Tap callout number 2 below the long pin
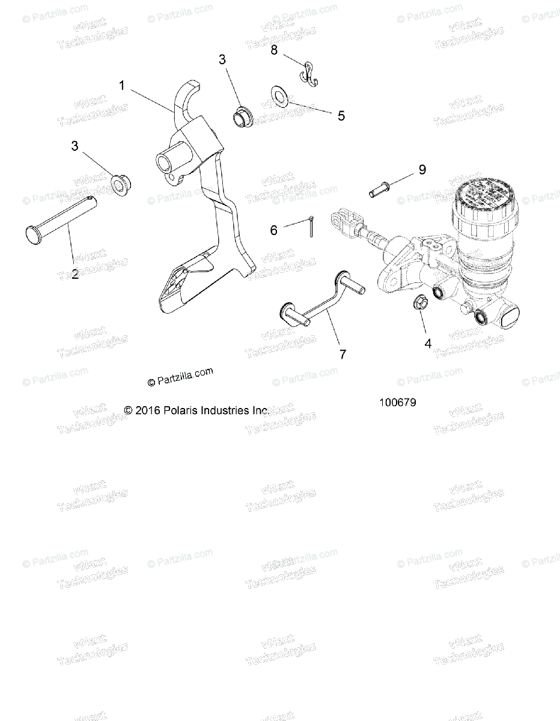(75, 275)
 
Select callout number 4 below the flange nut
(428, 344)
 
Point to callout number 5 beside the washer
(341, 115)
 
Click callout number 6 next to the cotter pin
(274, 230)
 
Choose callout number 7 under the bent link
(343, 354)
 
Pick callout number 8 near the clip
(274, 50)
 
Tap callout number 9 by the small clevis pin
(422, 169)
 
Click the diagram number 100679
(397, 403)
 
